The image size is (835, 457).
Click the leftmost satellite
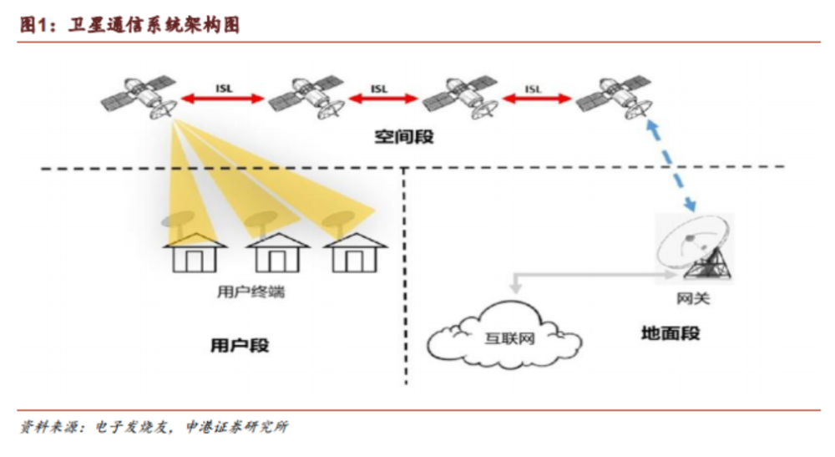(139, 96)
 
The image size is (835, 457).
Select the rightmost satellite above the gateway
(615, 96)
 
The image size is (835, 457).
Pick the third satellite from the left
(461, 96)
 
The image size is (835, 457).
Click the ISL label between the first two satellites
(224, 89)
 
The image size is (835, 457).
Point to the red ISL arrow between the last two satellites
(537, 99)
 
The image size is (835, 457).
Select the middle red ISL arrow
(383, 99)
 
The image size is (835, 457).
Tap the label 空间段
(403, 137)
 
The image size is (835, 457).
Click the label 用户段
(240, 345)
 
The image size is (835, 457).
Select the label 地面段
(671, 333)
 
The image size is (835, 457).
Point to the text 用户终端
(250, 292)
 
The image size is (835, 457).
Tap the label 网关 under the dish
(693, 298)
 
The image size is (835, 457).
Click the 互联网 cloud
(504, 336)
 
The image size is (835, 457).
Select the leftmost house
(195, 252)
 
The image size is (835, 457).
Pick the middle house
(277, 252)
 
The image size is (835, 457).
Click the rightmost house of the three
(355, 252)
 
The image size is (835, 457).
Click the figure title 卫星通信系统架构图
(154, 24)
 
